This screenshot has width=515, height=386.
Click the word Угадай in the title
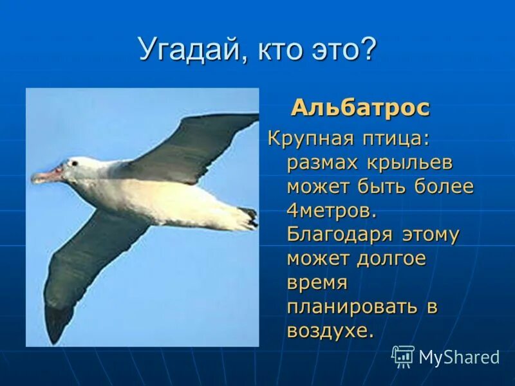click(x=187, y=49)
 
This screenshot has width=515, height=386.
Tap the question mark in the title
click(x=367, y=49)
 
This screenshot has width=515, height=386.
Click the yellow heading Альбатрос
click(x=360, y=107)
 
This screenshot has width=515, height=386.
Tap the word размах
click(x=325, y=163)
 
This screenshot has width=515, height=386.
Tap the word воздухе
click(x=330, y=331)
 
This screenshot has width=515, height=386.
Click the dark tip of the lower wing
click(x=58, y=322)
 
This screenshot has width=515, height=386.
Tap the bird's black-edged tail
click(x=247, y=217)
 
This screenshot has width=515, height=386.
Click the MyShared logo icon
click(x=403, y=356)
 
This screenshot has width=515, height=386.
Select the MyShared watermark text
click(x=459, y=357)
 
